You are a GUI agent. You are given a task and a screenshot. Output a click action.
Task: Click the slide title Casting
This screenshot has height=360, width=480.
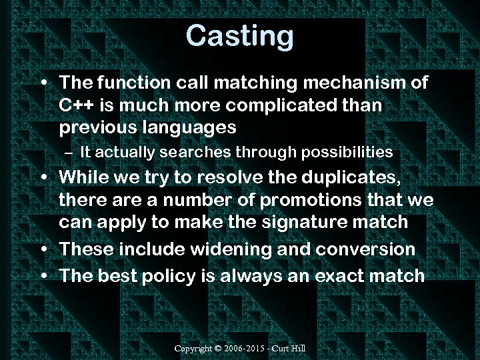239,35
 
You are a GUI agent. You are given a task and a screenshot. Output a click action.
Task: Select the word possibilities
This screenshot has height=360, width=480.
347,153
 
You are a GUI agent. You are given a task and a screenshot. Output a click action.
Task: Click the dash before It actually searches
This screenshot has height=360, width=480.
70,153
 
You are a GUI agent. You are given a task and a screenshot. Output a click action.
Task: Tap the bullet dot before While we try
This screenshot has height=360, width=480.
43,178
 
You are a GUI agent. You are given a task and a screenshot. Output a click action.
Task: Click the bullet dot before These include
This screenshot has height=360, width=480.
43,249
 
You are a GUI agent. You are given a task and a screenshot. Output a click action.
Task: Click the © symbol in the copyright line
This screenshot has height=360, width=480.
219,349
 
